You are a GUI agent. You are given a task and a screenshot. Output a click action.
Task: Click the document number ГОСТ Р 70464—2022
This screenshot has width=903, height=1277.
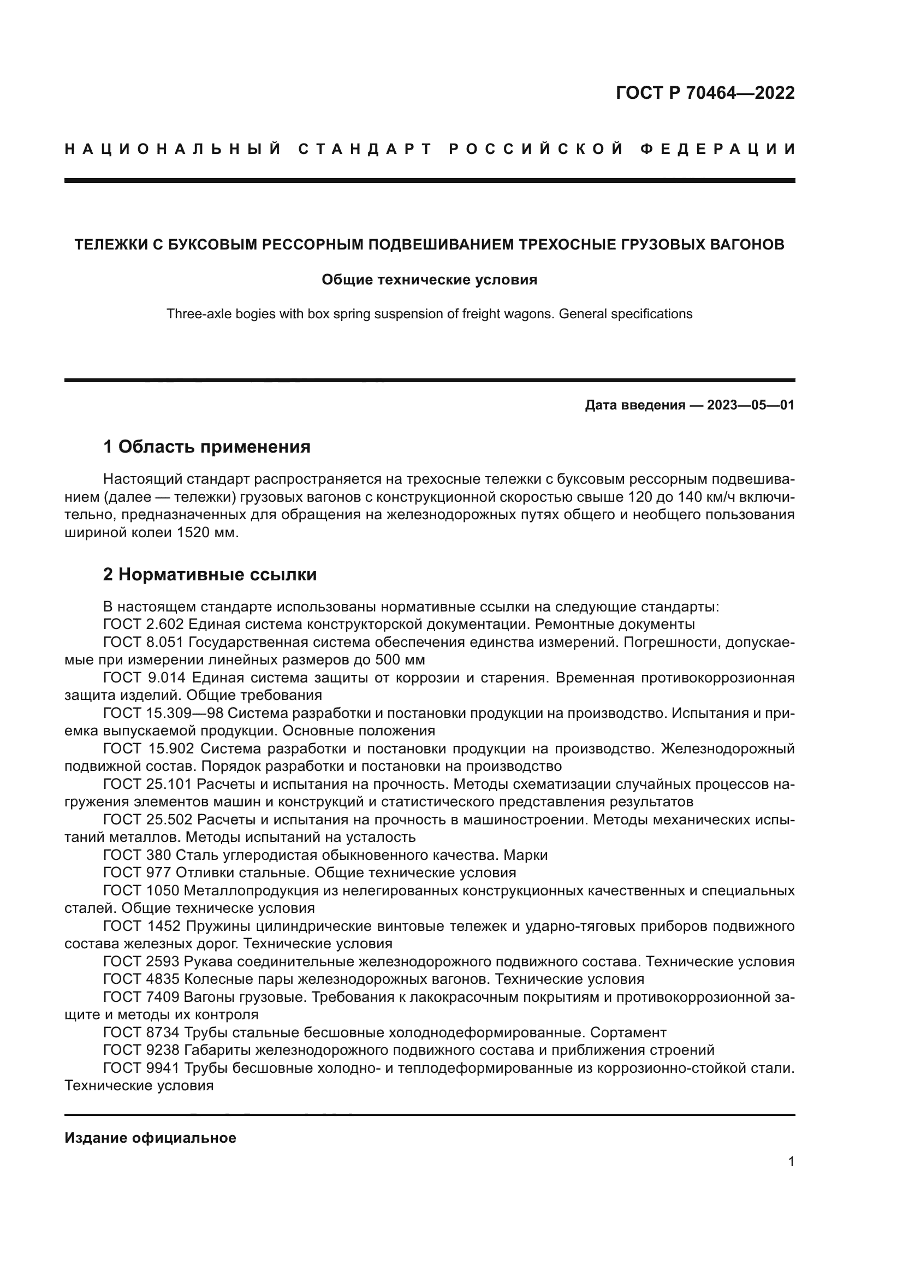(x=705, y=93)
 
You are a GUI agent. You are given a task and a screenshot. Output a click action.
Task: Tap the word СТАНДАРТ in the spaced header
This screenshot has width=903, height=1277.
(x=365, y=149)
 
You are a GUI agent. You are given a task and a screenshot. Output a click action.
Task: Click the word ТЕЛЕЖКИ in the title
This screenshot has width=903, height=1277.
(x=109, y=245)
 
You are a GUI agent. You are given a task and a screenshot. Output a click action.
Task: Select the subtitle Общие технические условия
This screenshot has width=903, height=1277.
(x=429, y=280)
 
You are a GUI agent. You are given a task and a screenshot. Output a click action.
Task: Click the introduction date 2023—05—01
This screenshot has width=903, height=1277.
(x=751, y=405)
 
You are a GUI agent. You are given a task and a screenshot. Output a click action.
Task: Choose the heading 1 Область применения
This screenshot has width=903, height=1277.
(x=207, y=447)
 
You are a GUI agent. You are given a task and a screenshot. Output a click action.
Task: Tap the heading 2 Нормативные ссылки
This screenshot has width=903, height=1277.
(x=210, y=574)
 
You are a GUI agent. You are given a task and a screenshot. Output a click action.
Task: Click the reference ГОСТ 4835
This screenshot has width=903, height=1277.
(x=141, y=979)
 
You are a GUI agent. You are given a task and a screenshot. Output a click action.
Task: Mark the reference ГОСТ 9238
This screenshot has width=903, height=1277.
(x=141, y=1050)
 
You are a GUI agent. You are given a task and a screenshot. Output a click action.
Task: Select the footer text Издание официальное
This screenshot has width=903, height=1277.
(x=150, y=1138)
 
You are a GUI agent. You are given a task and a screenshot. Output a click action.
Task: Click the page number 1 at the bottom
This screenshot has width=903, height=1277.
(x=791, y=1162)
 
